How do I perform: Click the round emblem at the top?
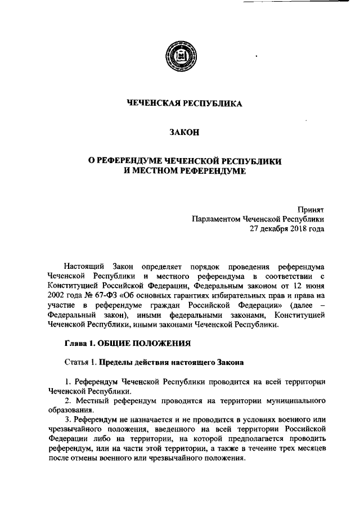click(180, 57)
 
